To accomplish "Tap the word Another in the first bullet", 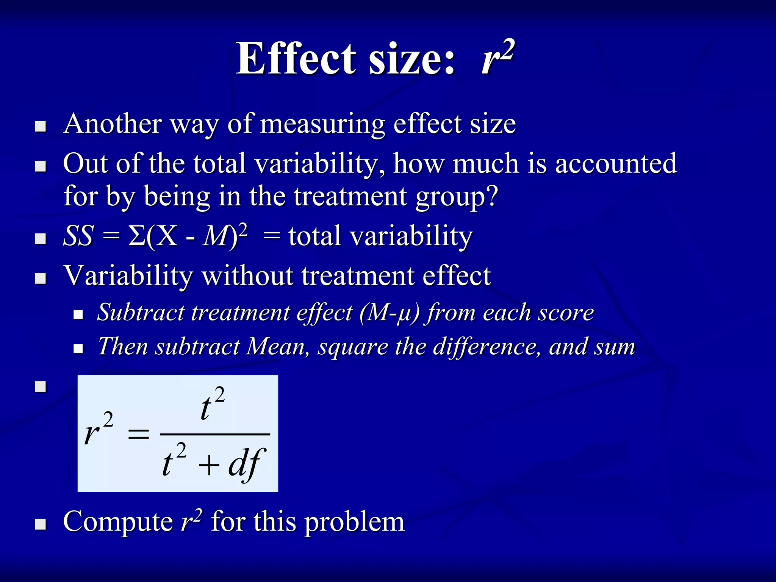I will tap(113, 124).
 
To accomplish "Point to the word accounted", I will tap(616, 164).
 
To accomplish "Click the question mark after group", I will tap(492, 196).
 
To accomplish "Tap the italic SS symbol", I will tap(78, 236).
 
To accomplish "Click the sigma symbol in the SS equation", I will tap(136, 236).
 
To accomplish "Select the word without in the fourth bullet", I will tap(247, 275).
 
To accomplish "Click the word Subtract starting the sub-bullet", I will tap(140, 313).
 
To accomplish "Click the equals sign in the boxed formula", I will tap(138, 434).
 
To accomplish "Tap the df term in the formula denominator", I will tap(246, 464).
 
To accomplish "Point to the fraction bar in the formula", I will tap(215, 434).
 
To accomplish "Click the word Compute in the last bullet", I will tap(118, 522).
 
